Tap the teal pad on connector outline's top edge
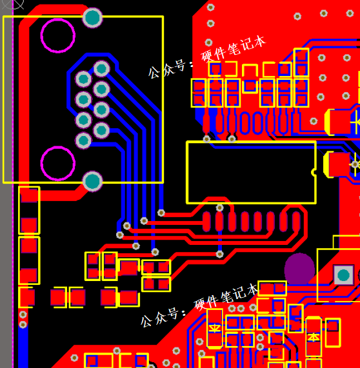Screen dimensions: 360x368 [x=93, y=18]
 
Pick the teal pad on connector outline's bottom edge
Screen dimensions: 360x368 [x=93, y=181]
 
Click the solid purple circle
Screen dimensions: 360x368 [x=299, y=269]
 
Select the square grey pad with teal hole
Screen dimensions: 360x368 [x=343, y=275]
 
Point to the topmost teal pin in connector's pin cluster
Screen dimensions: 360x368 [x=101, y=69]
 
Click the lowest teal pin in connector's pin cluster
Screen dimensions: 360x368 [x=83, y=140]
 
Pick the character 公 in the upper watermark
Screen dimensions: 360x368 [x=154, y=72]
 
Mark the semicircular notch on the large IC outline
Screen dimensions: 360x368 [x=314, y=172]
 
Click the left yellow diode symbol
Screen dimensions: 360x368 [x=215, y=327]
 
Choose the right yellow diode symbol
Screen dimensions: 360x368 [x=314, y=337]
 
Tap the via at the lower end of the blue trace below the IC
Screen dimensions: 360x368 [x=220, y=254]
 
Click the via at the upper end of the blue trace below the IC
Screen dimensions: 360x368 [x=220, y=208]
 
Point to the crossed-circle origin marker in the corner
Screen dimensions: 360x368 [x=13, y=3]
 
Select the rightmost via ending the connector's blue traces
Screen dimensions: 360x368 [x=161, y=213]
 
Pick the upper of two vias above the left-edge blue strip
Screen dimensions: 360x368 [x=23, y=315]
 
